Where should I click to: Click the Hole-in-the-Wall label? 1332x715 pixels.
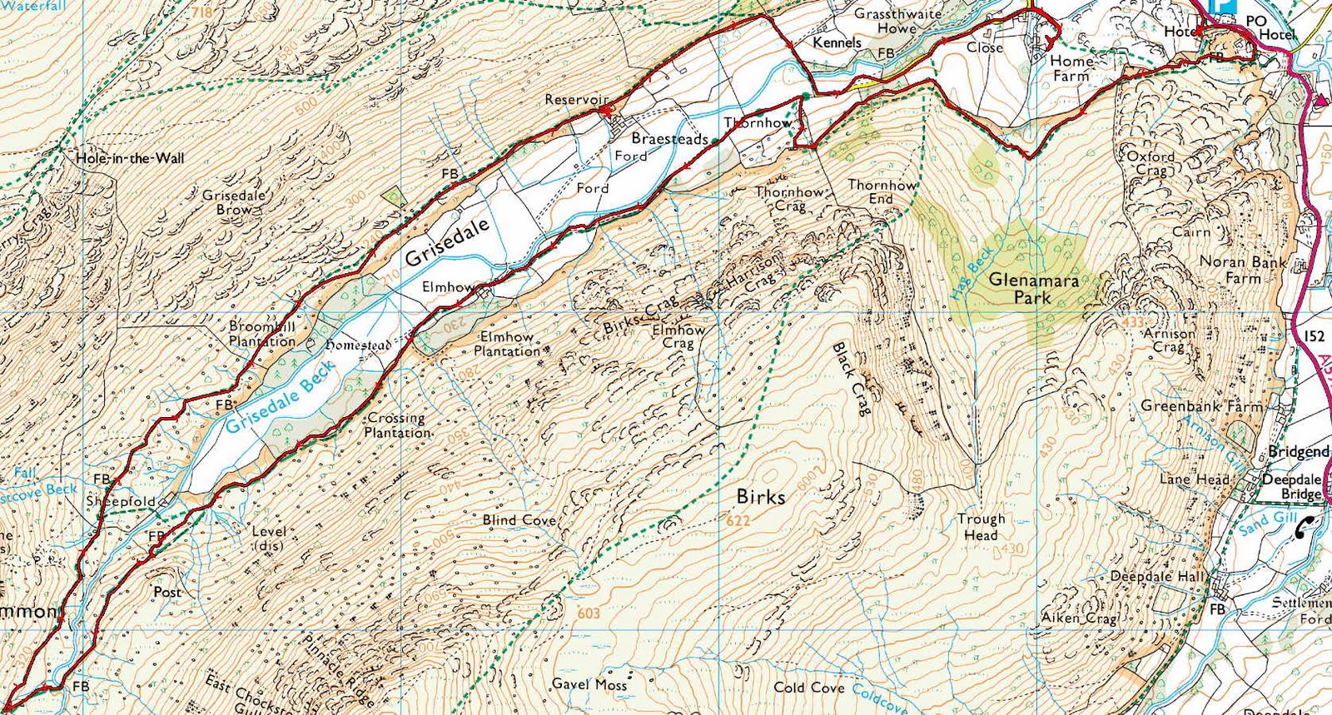click(130, 158)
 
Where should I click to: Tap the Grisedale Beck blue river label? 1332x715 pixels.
click(281, 397)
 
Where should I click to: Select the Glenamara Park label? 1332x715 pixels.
click(1033, 289)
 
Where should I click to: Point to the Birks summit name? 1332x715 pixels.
click(760, 497)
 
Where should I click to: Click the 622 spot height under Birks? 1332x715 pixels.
click(738, 521)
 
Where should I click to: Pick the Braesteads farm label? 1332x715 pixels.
click(669, 139)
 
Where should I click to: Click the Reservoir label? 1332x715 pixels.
click(576, 100)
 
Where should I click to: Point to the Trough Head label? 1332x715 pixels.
click(981, 527)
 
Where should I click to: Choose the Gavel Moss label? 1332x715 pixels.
click(589, 684)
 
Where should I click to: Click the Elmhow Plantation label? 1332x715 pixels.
click(507, 344)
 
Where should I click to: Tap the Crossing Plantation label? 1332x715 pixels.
click(397, 425)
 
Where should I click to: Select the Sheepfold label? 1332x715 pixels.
click(121, 501)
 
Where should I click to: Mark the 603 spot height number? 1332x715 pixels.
click(588, 613)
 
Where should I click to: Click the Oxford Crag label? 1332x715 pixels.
click(1151, 162)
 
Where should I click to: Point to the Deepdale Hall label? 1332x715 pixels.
click(1157, 576)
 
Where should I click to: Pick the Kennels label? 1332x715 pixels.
click(837, 42)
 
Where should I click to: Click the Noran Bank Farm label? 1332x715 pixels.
click(1243, 270)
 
